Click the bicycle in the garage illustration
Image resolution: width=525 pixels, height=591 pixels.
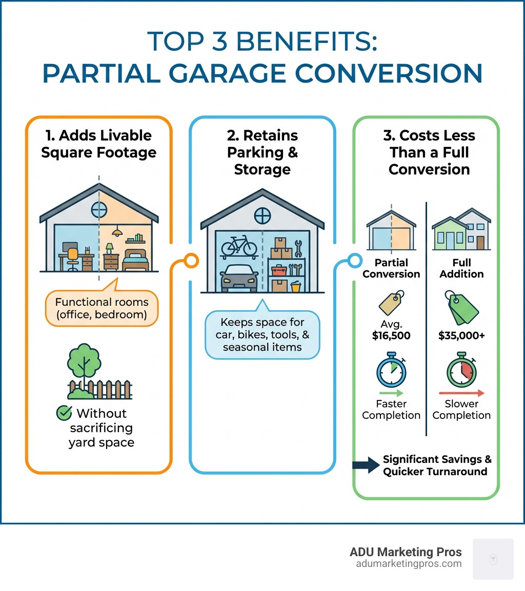[x=239, y=246]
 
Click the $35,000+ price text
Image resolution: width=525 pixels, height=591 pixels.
[x=461, y=336]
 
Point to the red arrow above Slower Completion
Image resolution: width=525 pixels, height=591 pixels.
[x=461, y=393]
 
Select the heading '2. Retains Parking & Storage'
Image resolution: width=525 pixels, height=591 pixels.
[x=262, y=152]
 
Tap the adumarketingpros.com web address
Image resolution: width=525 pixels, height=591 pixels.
[x=409, y=563]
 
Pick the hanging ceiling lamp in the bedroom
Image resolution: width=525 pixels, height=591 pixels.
[x=117, y=233]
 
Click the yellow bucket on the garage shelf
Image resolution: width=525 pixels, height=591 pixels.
[x=295, y=287]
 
